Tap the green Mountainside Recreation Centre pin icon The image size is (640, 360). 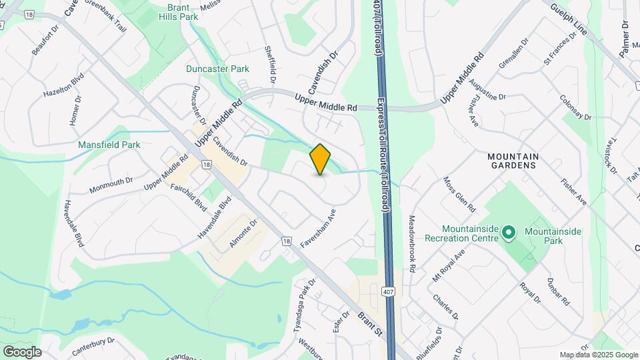coord(509,233)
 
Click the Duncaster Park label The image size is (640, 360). coord(218,69)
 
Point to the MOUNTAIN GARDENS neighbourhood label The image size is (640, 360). coord(513,161)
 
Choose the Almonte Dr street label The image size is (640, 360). coord(243,234)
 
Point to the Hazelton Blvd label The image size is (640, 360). coord(64,85)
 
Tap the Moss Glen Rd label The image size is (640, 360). coord(459,192)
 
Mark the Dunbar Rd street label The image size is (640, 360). coord(558,291)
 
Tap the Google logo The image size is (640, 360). coord(22,351)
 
